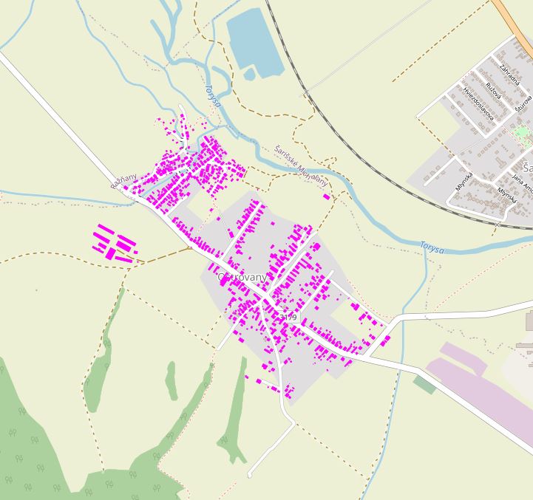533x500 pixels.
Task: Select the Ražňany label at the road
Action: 123,182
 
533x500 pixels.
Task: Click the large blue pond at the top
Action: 254,41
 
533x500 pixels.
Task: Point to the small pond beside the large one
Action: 249,75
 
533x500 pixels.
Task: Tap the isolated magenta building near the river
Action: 326,196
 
